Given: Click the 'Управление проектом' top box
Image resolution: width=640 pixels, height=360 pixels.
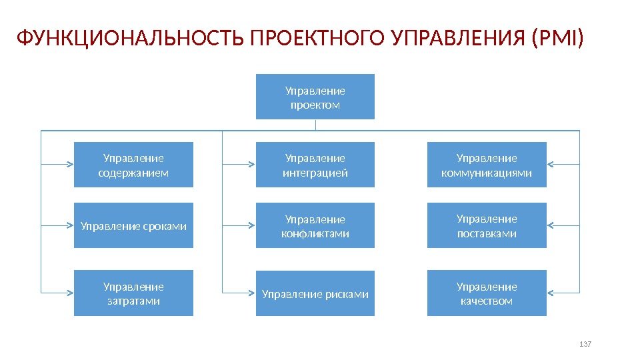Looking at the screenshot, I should [x=315, y=97].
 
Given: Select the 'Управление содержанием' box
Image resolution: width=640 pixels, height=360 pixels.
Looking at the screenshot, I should [x=133, y=165].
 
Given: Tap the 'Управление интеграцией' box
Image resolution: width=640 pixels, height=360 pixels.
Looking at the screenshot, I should [x=315, y=165].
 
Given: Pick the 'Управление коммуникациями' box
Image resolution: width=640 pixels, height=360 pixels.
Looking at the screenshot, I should [x=487, y=165].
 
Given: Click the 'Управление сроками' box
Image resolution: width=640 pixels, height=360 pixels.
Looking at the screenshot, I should [x=133, y=225].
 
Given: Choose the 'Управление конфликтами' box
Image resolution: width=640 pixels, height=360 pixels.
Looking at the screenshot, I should [x=315, y=225].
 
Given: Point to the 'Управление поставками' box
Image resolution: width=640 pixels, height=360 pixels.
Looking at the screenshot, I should [x=487, y=225].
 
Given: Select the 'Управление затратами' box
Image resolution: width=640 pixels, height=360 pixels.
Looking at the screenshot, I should [x=133, y=293].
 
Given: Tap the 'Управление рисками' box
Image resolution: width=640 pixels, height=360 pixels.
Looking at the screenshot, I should [x=315, y=293].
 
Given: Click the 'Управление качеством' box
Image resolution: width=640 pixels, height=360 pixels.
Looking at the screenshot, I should [x=487, y=293].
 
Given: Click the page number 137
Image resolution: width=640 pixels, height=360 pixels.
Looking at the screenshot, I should [x=586, y=344].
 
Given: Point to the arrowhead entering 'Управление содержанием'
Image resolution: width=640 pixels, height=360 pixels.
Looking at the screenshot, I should [x=70, y=163].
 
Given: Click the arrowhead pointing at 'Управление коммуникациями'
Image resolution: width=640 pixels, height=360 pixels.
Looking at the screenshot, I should [x=551, y=163].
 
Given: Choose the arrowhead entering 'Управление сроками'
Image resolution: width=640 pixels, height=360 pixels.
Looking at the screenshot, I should [x=70, y=225].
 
